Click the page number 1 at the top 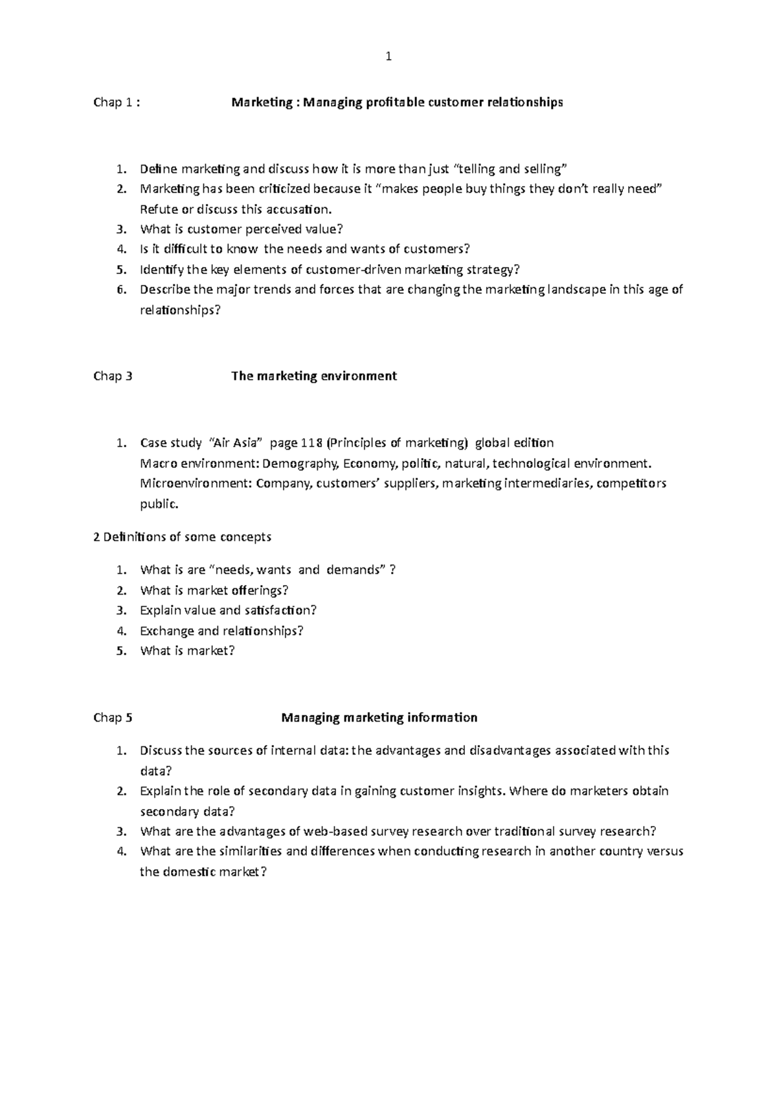(388, 57)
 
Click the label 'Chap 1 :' (117, 102)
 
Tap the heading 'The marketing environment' (314, 376)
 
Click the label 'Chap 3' (113, 376)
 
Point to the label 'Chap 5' (113, 718)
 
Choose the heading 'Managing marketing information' (379, 718)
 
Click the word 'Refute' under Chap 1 (158, 209)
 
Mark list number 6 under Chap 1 (120, 290)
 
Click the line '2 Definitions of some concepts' (183, 537)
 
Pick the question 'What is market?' (187, 651)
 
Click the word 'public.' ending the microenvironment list (159, 504)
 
